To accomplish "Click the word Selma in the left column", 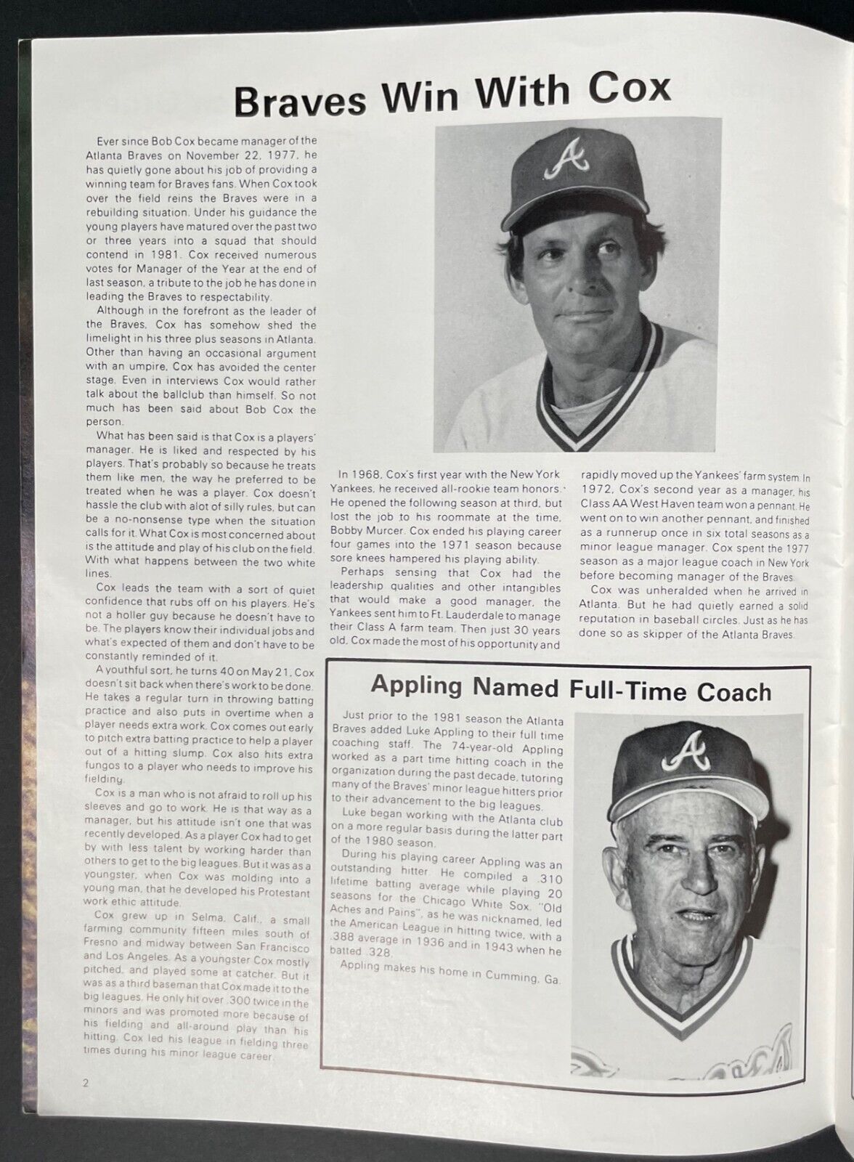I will click(x=190, y=920).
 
